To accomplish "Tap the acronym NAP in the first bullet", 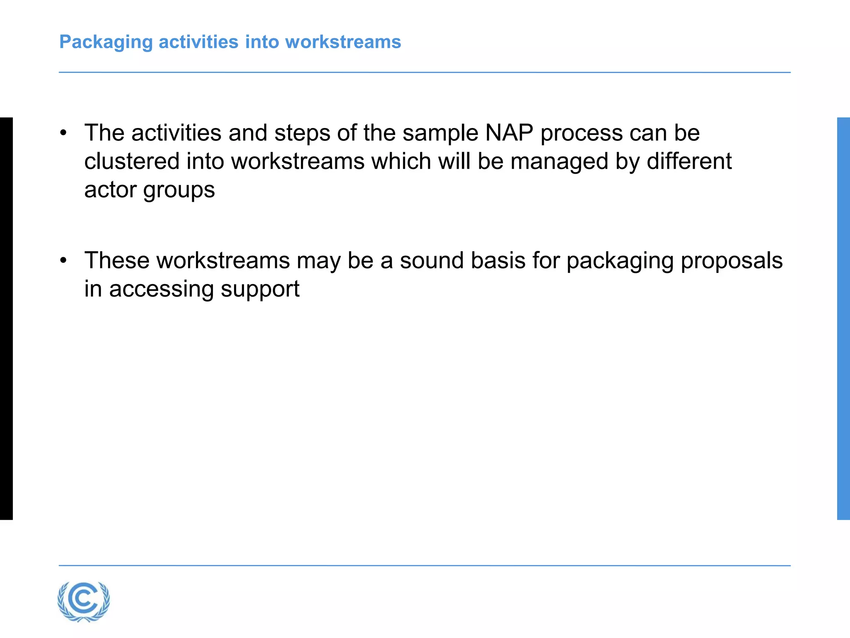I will click(x=509, y=133).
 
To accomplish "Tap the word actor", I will click(x=110, y=189).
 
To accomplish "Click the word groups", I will click(x=179, y=190).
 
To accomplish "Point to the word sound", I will click(x=432, y=261).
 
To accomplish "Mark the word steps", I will click(x=302, y=133).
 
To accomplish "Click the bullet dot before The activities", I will click(x=63, y=133).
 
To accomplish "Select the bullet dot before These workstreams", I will click(x=63, y=261).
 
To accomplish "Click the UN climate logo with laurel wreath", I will click(x=84, y=601).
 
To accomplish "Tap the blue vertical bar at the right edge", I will click(x=843, y=318).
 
